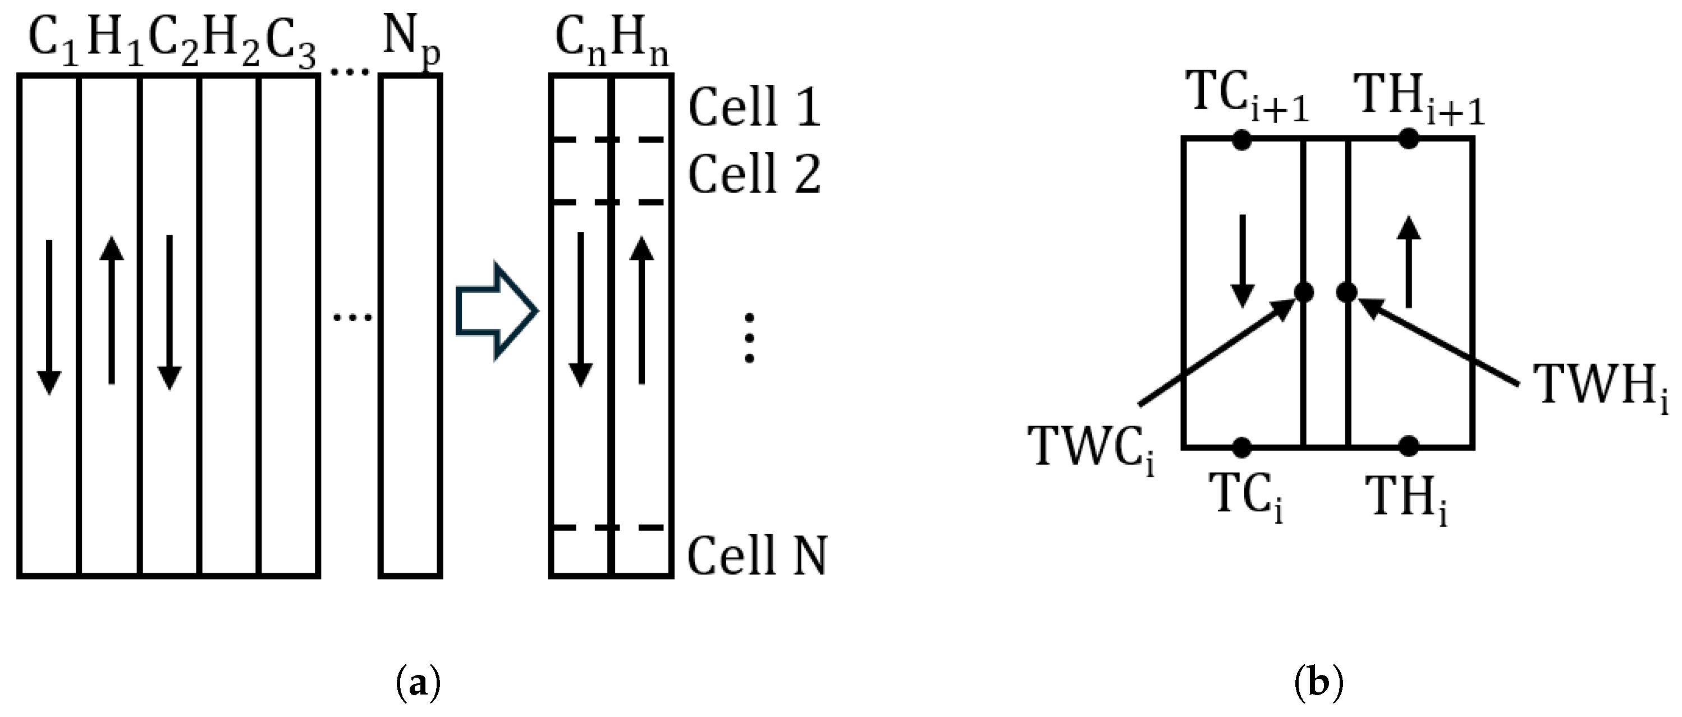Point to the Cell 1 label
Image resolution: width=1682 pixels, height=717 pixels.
[x=754, y=107]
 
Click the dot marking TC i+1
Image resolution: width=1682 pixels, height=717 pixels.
[x=1242, y=139]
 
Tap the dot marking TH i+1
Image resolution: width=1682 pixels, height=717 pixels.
[x=1409, y=139]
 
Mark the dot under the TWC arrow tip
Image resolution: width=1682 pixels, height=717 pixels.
[x=1304, y=292]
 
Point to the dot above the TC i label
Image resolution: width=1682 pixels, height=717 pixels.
[x=1242, y=447]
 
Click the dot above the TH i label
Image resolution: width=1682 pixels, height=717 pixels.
[x=1409, y=447]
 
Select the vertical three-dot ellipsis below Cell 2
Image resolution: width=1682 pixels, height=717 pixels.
[x=750, y=338]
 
